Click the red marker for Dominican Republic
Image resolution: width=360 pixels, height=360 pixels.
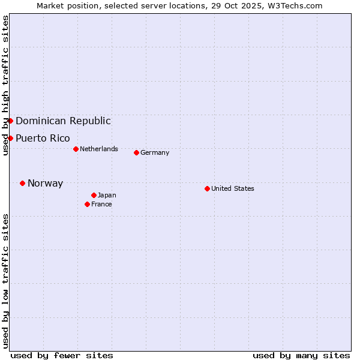[10, 121]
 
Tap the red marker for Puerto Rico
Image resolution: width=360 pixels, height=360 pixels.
[10, 138]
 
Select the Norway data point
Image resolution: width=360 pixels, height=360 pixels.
[22, 183]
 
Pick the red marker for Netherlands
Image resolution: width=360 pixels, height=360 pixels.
[76, 149]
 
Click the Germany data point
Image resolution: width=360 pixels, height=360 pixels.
[136, 152]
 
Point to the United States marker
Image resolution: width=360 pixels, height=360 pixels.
[207, 188]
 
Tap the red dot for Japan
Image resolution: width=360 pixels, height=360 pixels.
[94, 195]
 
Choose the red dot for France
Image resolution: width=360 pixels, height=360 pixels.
[87, 204]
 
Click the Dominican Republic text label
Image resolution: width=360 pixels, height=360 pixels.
[63, 121]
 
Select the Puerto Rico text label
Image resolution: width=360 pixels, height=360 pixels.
[43, 138]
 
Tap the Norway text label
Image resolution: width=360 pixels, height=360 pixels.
[45, 183]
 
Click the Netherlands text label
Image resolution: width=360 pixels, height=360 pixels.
[99, 149]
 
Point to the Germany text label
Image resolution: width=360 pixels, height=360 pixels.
[155, 152]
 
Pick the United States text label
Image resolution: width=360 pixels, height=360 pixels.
[233, 188]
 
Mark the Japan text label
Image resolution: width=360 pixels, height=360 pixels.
[107, 195]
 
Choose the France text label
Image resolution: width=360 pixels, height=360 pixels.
[101, 204]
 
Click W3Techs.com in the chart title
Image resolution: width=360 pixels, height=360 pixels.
[295, 5]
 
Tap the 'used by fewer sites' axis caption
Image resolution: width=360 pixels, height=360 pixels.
[62, 355]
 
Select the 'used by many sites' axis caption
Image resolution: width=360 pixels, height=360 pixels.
[301, 355]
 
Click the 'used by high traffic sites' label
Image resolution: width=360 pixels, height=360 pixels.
[5, 85]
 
